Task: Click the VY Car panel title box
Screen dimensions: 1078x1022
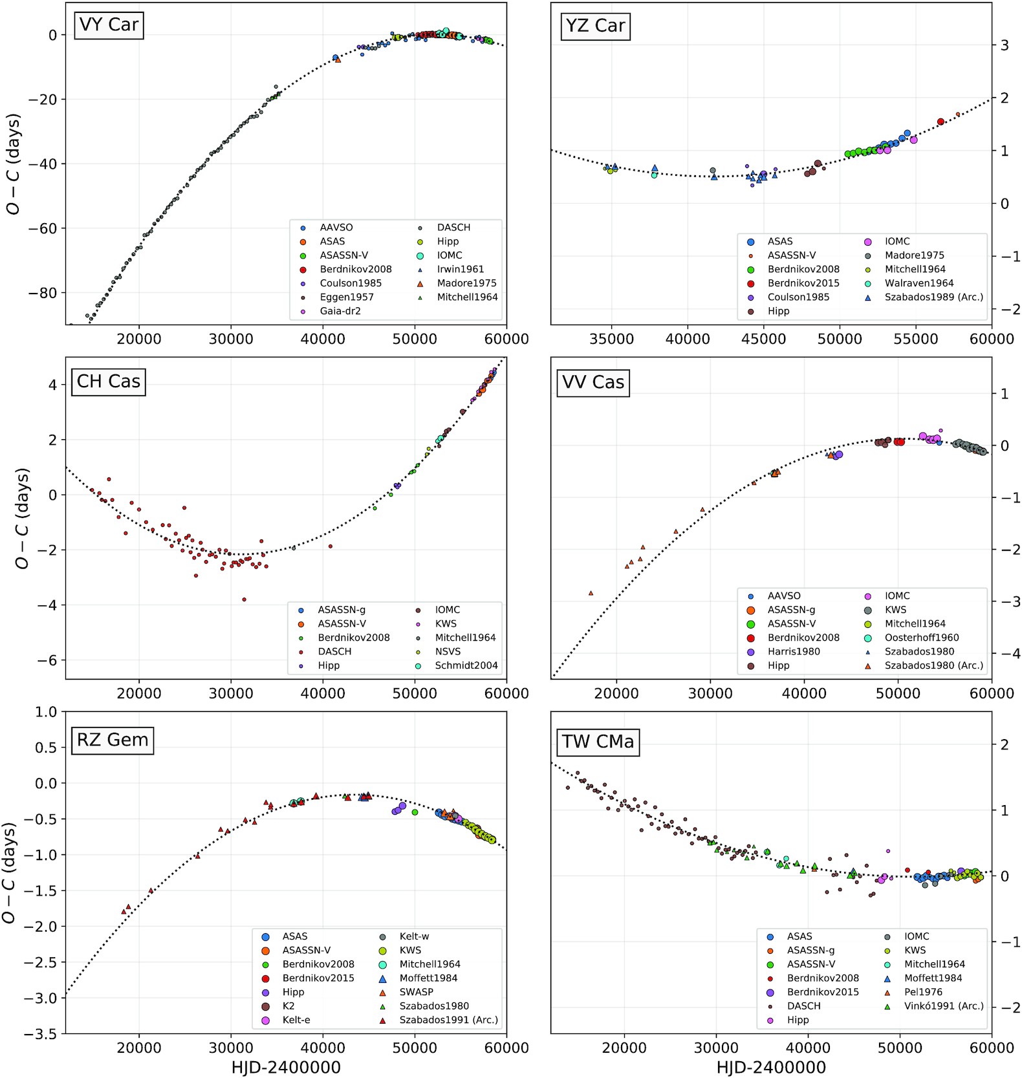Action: [x=109, y=25]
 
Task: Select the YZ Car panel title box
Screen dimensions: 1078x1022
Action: [x=595, y=26]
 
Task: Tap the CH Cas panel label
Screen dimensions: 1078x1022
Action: [x=109, y=382]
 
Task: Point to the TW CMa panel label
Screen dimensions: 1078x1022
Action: [x=598, y=741]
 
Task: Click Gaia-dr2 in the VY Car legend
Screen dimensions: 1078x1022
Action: [x=340, y=311]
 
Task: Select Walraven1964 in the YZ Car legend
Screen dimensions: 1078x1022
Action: [x=919, y=283]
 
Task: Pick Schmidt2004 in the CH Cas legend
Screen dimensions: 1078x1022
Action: [x=466, y=665]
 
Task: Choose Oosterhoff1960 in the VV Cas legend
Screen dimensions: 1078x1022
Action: [x=921, y=638]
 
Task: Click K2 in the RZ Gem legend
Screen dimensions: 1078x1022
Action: [x=288, y=1006]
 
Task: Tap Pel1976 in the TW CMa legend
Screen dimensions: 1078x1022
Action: [x=923, y=992]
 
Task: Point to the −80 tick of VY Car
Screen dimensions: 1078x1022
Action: [x=43, y=293]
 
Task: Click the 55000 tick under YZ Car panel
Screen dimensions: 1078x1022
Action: [x=915, y=339]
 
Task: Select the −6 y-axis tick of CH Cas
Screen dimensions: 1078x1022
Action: [x=48, y=660]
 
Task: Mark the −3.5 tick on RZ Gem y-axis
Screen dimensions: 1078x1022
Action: [x=40, y=1034]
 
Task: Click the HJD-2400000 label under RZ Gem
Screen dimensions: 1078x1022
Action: [x=285, y=1067]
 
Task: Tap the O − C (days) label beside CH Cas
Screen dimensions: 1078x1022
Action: [x=22, y=518]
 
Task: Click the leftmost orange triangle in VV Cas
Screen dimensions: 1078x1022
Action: [x=591, y=593]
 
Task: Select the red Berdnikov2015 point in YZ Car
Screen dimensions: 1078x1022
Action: [x=940, y=122]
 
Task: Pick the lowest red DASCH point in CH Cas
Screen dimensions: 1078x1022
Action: [x=244, y=599]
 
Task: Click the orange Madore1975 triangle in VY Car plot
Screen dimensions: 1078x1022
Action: [x=338, y=59]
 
